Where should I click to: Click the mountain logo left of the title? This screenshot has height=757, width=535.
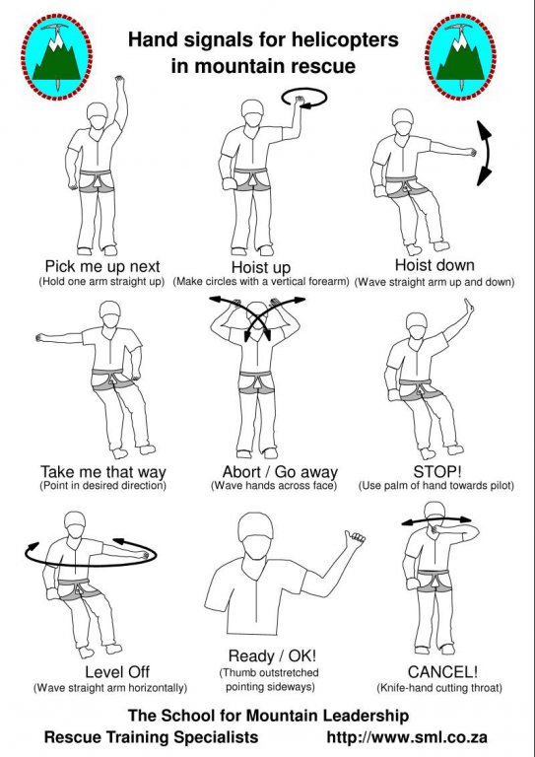tap(56, 56)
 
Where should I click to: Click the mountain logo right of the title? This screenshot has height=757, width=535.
tap(460, 56)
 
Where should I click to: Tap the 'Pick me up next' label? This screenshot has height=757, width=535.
tap(102, 266)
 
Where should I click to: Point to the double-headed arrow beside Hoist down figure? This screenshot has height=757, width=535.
tap(488, 153)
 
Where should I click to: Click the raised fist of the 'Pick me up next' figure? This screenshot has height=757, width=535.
tap(119, 81)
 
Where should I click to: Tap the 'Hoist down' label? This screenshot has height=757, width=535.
tap(435, 265)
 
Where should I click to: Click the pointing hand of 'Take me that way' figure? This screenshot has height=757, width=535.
tap(39, 337)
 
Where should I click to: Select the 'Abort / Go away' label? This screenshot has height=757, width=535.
tap(280, 472)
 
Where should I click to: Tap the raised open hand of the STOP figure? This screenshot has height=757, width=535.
tap(468, 307)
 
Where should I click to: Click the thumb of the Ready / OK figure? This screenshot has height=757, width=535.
tap(347, 537)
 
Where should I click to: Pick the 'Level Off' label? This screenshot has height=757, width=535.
tap(117, 671)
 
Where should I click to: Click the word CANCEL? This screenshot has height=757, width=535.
tap(442, 671)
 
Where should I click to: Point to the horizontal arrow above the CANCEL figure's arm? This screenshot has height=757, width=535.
tap(436, 520)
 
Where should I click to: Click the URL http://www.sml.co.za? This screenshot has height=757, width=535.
tap(407, 737)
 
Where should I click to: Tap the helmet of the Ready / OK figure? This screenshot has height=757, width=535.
tap(256, 526)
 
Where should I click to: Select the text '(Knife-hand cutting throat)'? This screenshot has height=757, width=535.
tap(439, 687)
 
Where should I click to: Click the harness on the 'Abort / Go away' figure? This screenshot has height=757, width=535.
tap(257, 382)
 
